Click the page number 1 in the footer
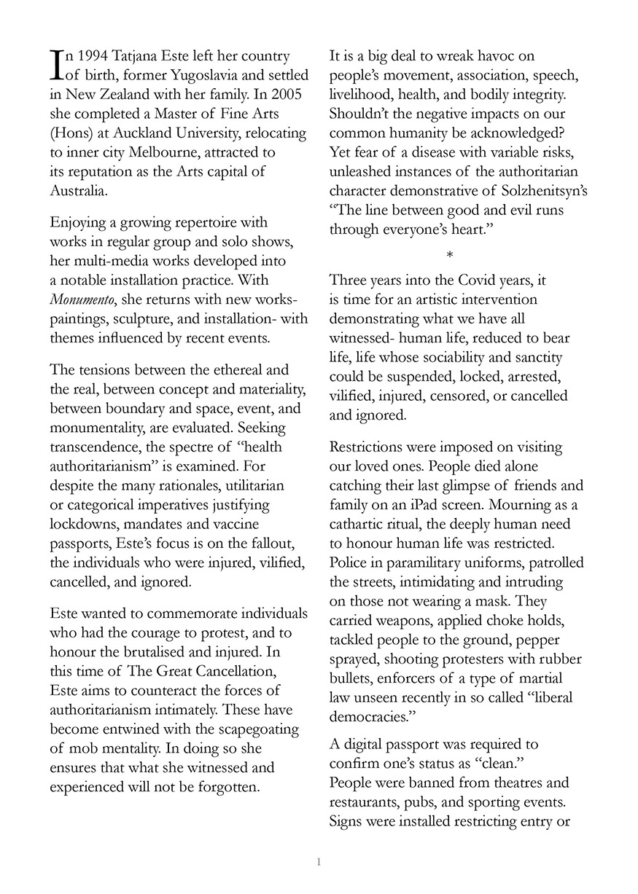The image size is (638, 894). (319, 863)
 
